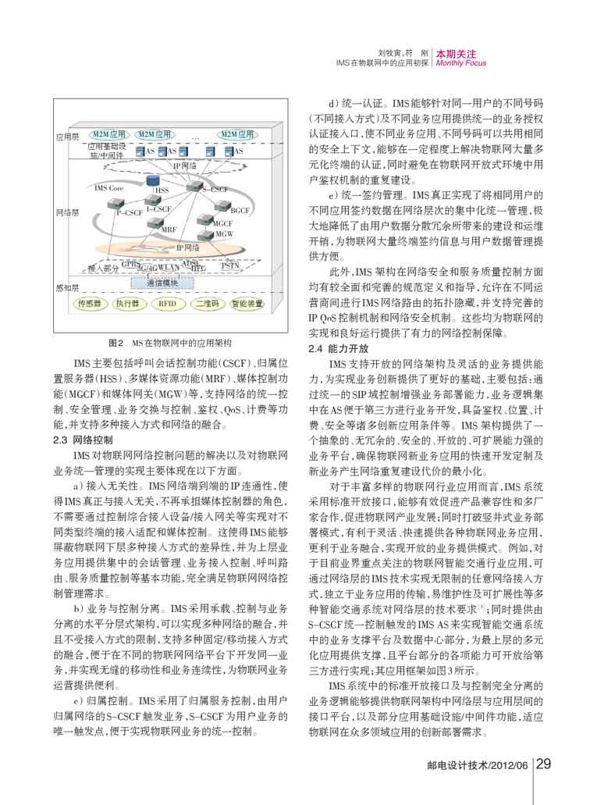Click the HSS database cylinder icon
tap(155, 180)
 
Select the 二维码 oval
tap(206, 305)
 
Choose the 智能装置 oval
tap(248, 305)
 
